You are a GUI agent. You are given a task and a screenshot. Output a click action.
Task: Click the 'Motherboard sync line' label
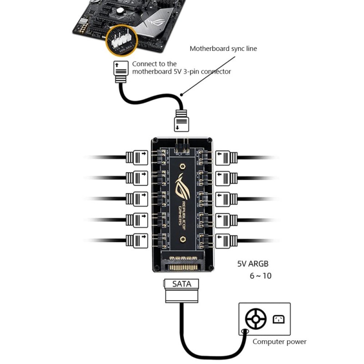(223, 48)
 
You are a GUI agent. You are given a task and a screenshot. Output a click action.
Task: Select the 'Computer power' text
(279, 342)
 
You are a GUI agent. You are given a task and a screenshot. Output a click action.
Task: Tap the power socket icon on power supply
(278, 319)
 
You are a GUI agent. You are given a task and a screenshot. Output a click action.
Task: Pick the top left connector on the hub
(136, 157)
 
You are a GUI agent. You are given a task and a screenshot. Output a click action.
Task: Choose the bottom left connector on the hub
(136, 240)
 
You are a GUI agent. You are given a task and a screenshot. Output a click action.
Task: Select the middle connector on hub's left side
(136, 198)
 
